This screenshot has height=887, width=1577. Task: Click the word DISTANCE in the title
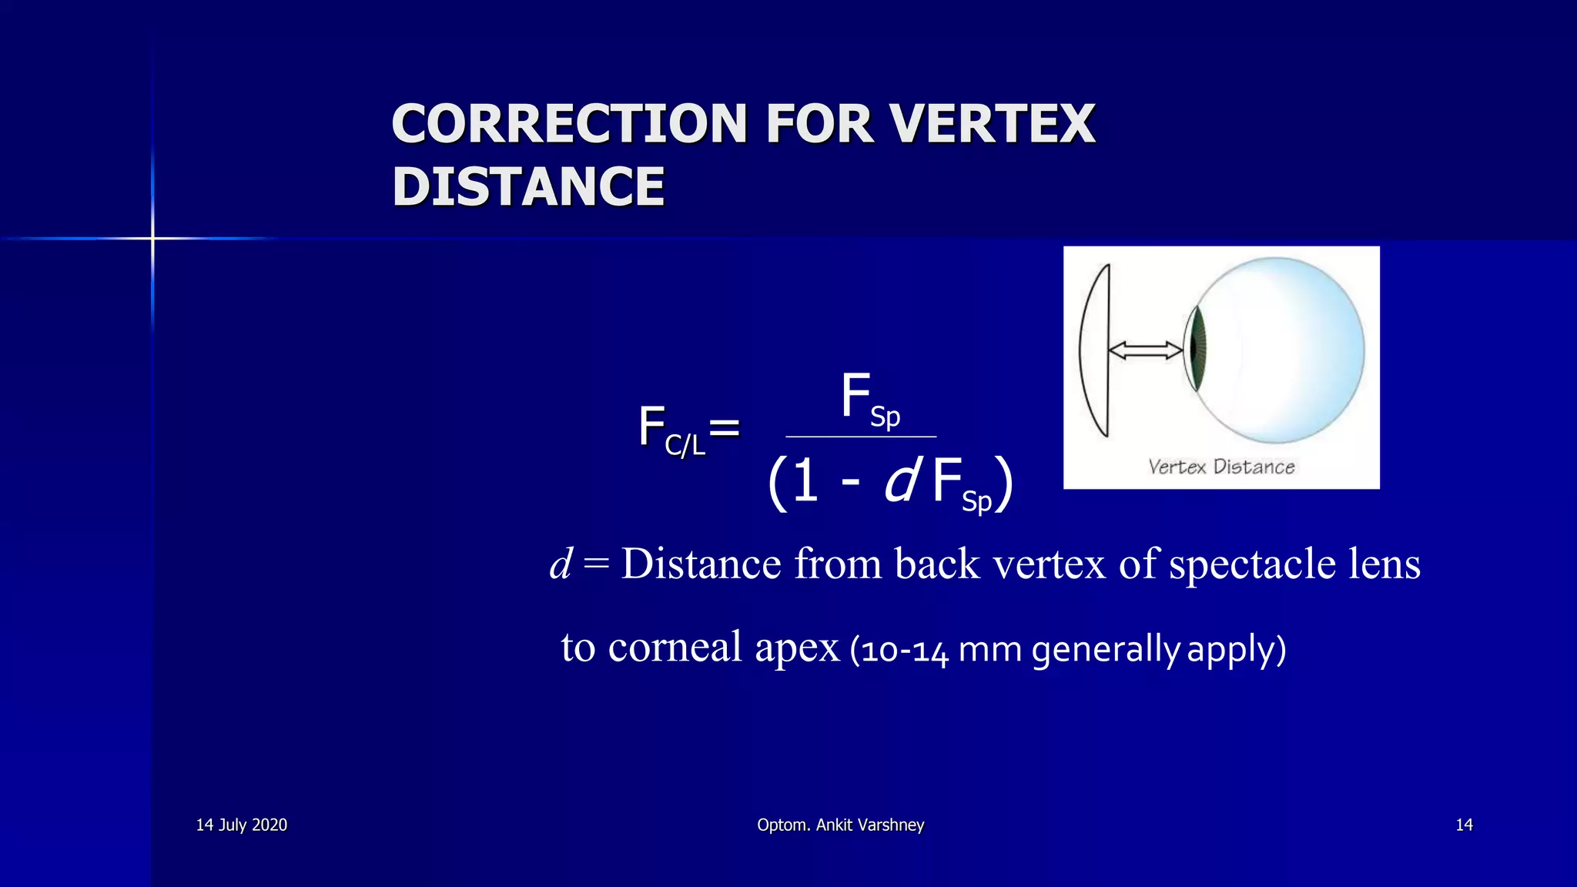pos(528,187)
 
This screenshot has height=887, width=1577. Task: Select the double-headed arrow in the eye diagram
pos(1145,351)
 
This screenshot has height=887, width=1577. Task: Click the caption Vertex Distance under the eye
pos(1221,467)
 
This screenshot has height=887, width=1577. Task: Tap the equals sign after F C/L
pos(724,428)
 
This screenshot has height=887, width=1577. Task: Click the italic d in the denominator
pos(902,480)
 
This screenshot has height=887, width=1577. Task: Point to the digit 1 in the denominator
pos(805,480)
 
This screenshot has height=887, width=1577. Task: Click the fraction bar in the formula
pos(861,437)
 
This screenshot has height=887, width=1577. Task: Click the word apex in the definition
pos(796,648)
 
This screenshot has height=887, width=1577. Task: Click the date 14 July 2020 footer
pos(241,825)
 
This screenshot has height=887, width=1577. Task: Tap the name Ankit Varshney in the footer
pos(869,825)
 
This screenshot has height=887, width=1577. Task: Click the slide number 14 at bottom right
pos(1464,825)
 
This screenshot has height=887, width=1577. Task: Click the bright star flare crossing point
pos(152,239)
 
